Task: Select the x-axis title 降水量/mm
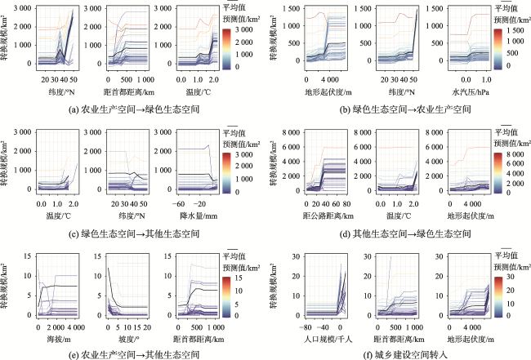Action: pyautogui.click(x=199, y=216)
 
